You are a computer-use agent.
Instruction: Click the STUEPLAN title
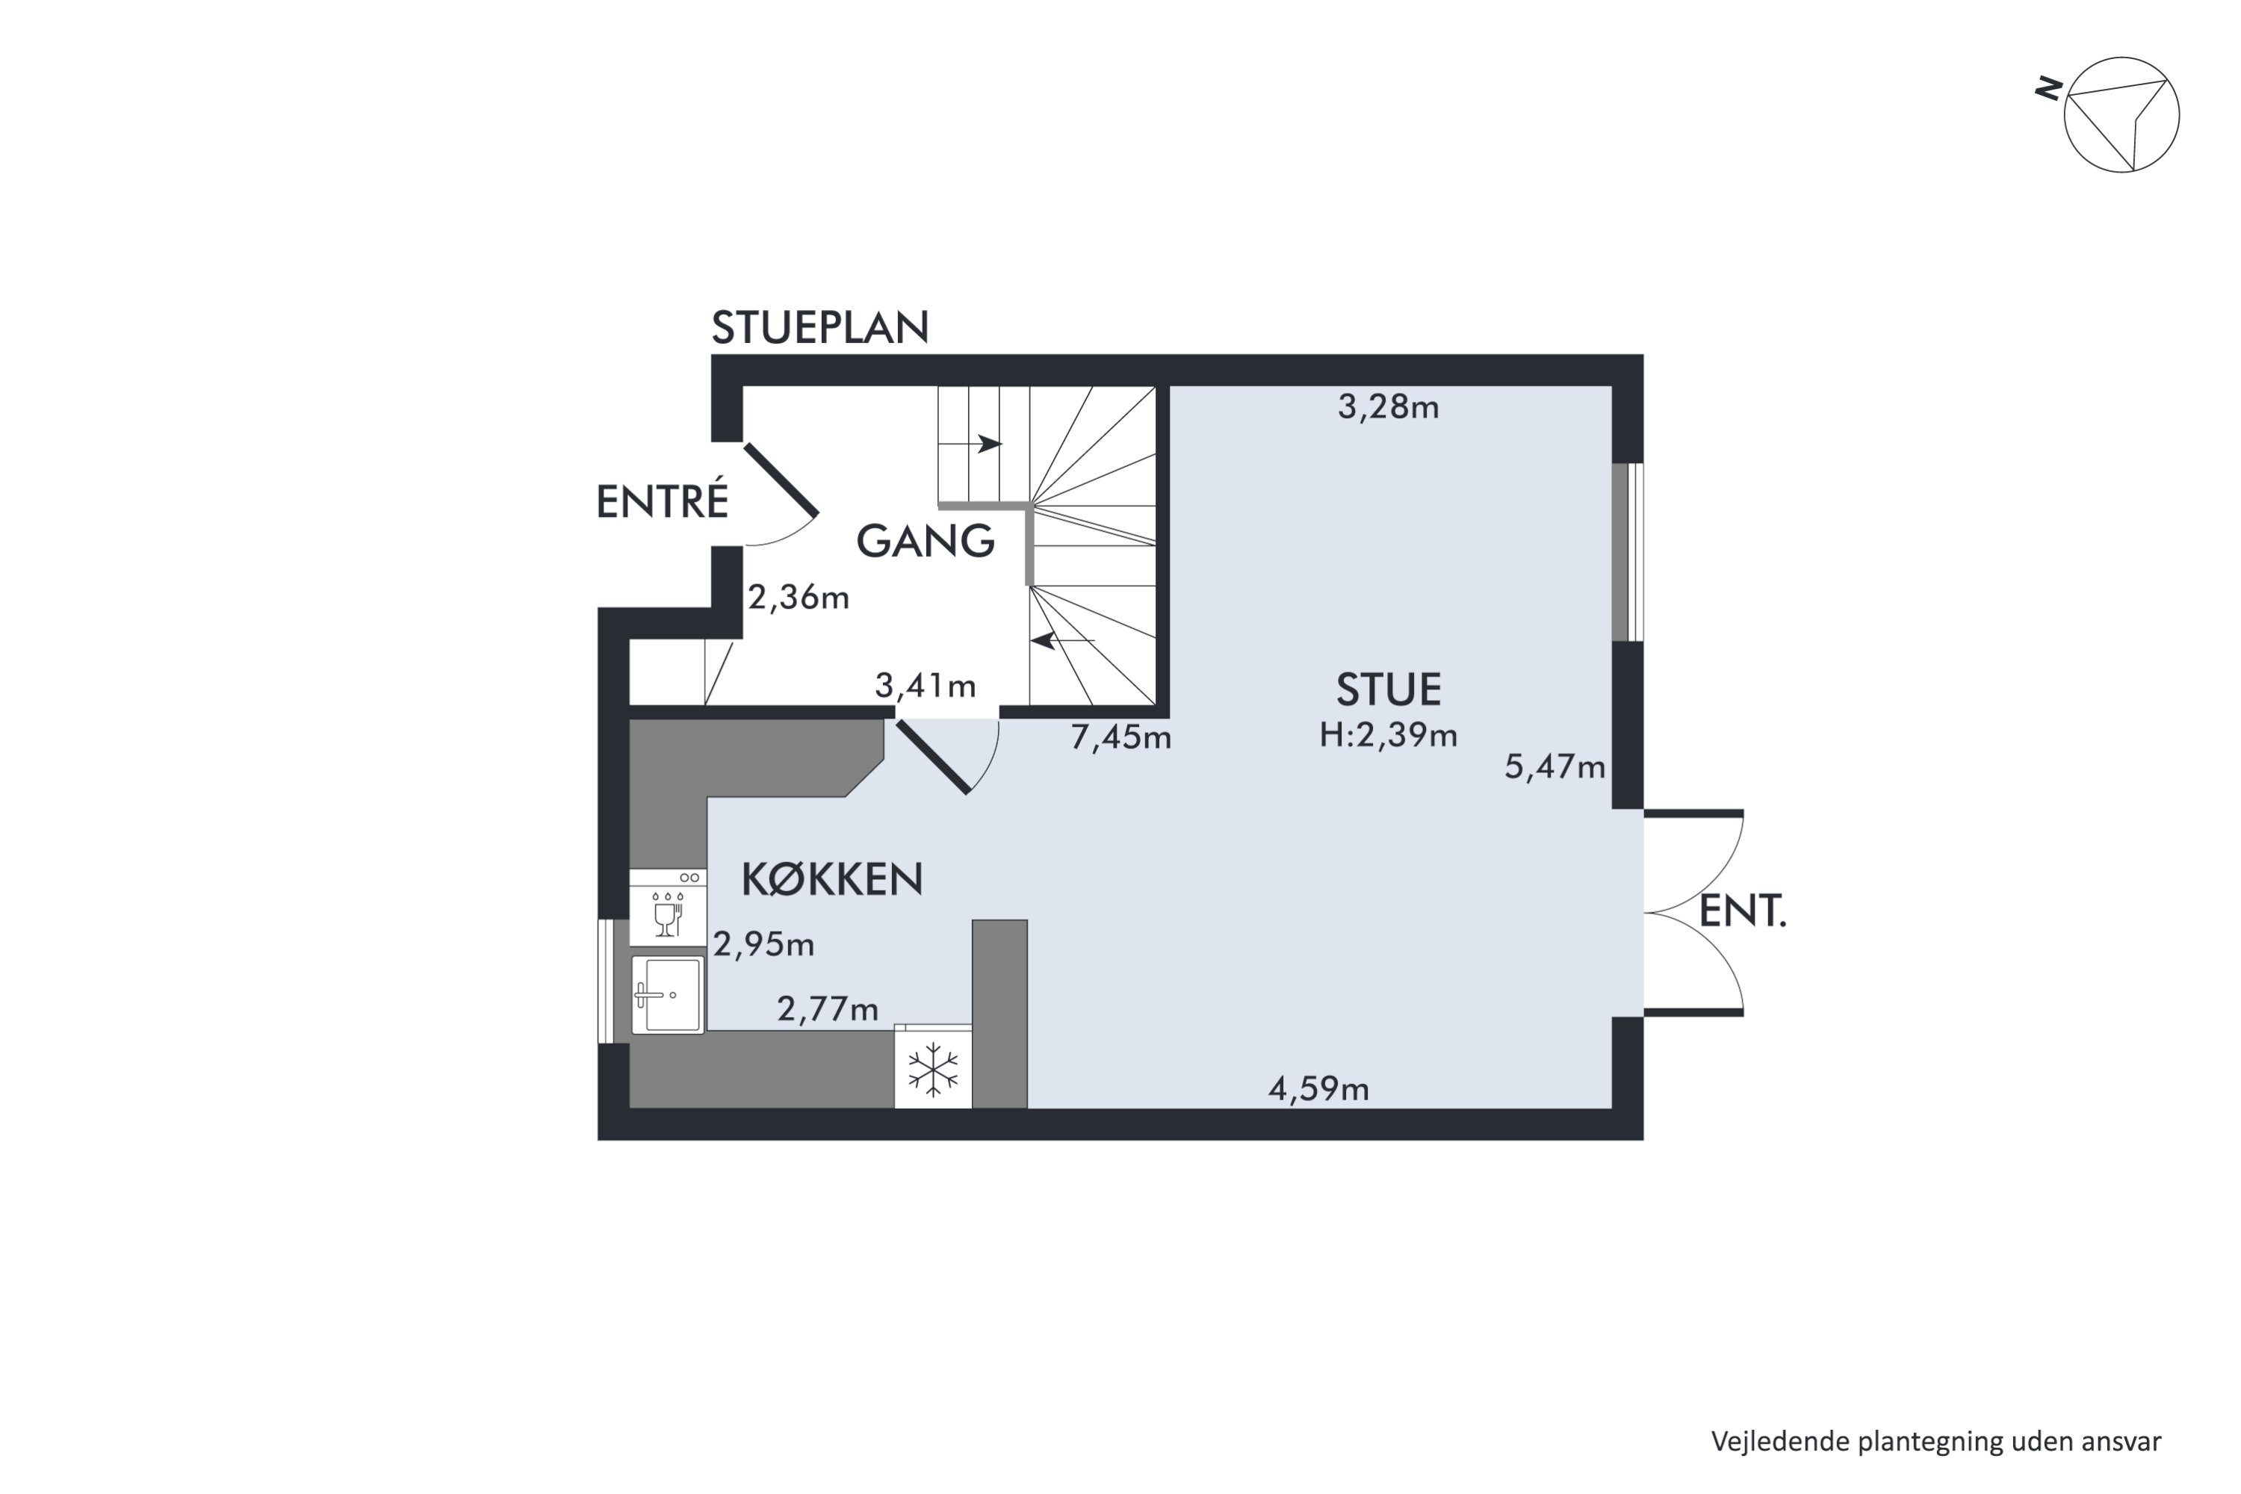(819, 328)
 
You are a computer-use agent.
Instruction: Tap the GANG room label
(926, 541)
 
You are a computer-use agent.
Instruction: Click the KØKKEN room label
(832, 878)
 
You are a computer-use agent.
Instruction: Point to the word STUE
(1388, 689)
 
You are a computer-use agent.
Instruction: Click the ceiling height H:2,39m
(1388, 736)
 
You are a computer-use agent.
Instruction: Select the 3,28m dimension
(1388, 408)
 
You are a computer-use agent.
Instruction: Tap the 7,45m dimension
(1120, 737)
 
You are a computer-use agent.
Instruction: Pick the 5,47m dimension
(1555, 767)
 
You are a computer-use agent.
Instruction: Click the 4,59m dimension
(1318, 1088)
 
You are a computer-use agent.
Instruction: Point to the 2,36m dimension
(799, 598)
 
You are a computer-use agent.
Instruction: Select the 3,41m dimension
(926, 685)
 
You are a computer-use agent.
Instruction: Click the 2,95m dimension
(764, 944)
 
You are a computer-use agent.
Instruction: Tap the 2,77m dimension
(828, 1009)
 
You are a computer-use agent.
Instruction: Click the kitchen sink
(667, 995)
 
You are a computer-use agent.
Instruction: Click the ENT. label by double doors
(1743, 912)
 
